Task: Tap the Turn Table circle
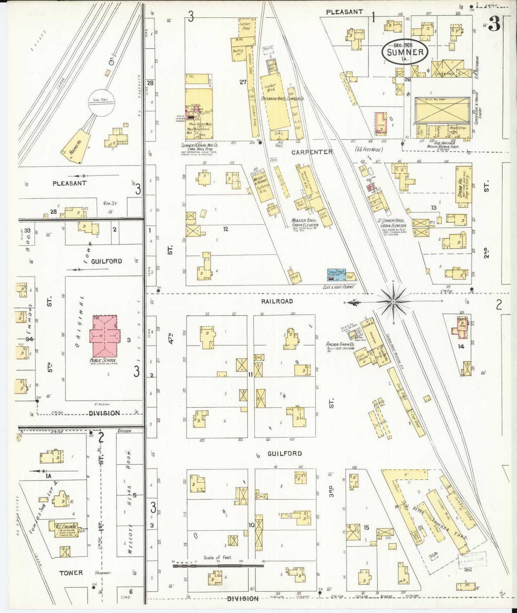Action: pos(102,103)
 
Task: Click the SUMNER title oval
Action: pos(404,52)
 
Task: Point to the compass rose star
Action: pos(394,302)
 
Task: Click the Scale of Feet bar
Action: pos(218,566)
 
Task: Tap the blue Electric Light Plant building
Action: pos(336,275)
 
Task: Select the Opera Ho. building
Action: pos(464,186)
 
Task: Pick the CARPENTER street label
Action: pos(312,152)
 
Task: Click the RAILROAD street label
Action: pos(277,301)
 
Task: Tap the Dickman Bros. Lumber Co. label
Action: pos(283,98)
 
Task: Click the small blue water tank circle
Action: pos(111,63)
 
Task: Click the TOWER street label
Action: pos(71,573)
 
